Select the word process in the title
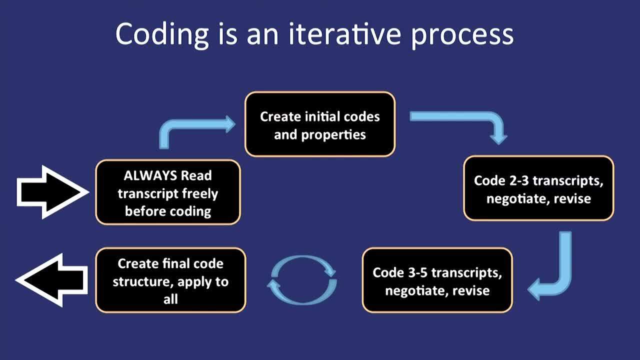pyautogui.click(x=462, y=37)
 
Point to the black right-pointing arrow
pyautogui.click(x=52, y=192)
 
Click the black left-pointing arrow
pyautogui.click(x=51, y=280)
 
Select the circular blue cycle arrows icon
pyautogui.click(x=302, y=280)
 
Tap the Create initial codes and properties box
pyautogui.click(x=320, y=124)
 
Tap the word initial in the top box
pyautogui.click(x=322, y=116)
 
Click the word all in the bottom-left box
pyautogui.click(x=170, y=299)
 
